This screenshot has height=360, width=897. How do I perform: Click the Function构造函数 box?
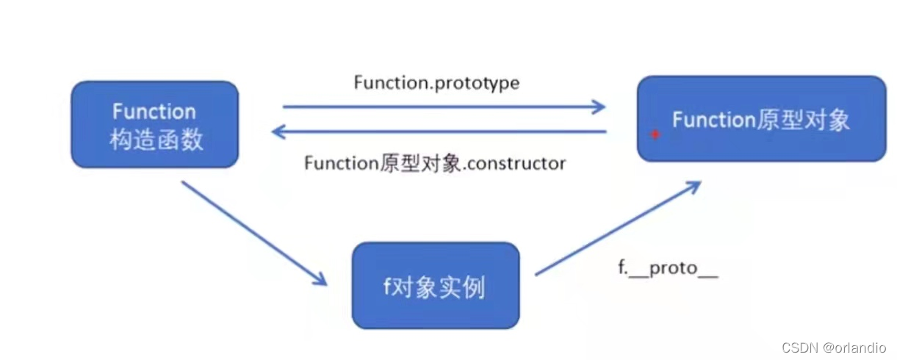pyautogui.click(x=154, y=124)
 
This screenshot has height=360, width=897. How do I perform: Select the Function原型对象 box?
pyautogui.click(x=761, y=119)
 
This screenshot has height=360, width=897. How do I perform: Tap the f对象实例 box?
pyautogui.click(x=435, y=285)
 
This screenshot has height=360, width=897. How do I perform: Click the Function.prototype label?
pyautogui.click(x=436, y=83)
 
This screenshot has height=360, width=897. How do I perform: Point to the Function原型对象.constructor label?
pyautogui.click(x=435, y=163)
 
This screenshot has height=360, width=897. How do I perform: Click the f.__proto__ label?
pyautogui.click(x=667, y=269)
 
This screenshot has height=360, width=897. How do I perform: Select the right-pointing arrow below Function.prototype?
pyautogui.click(x=444, y=107)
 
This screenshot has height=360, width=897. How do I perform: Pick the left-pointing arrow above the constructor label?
pyautogui.click(x=438, y=132)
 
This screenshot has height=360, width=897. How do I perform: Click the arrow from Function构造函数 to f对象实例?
pyautogui.click(x=253, y=232)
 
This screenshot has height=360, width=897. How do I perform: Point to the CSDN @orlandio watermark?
pyautogui.click(x=833, y=348)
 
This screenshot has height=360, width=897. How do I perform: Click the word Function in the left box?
pyautogui.click(x=154, y=112)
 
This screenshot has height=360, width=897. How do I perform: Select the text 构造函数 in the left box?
pyautogui.click(x=156, y=139)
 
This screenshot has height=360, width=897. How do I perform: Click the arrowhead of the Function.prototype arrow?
pyautogui.click(x=599, y=107)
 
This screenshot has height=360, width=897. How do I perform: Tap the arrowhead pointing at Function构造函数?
pyautogui.click(x=278, y=132)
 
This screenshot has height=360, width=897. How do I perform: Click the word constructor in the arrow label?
pyautogui.click(x=521, y=163)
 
